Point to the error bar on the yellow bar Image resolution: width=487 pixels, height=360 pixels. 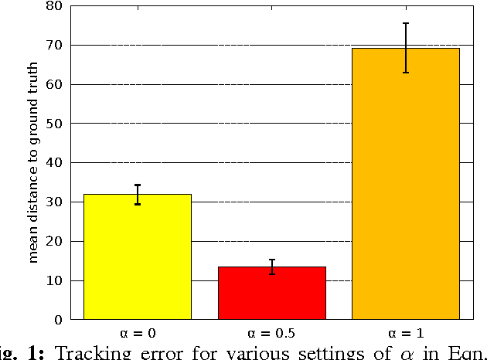coord(138,195)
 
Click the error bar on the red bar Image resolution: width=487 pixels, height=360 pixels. coord(272,267)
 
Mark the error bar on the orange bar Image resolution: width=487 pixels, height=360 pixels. coord(405,48)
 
